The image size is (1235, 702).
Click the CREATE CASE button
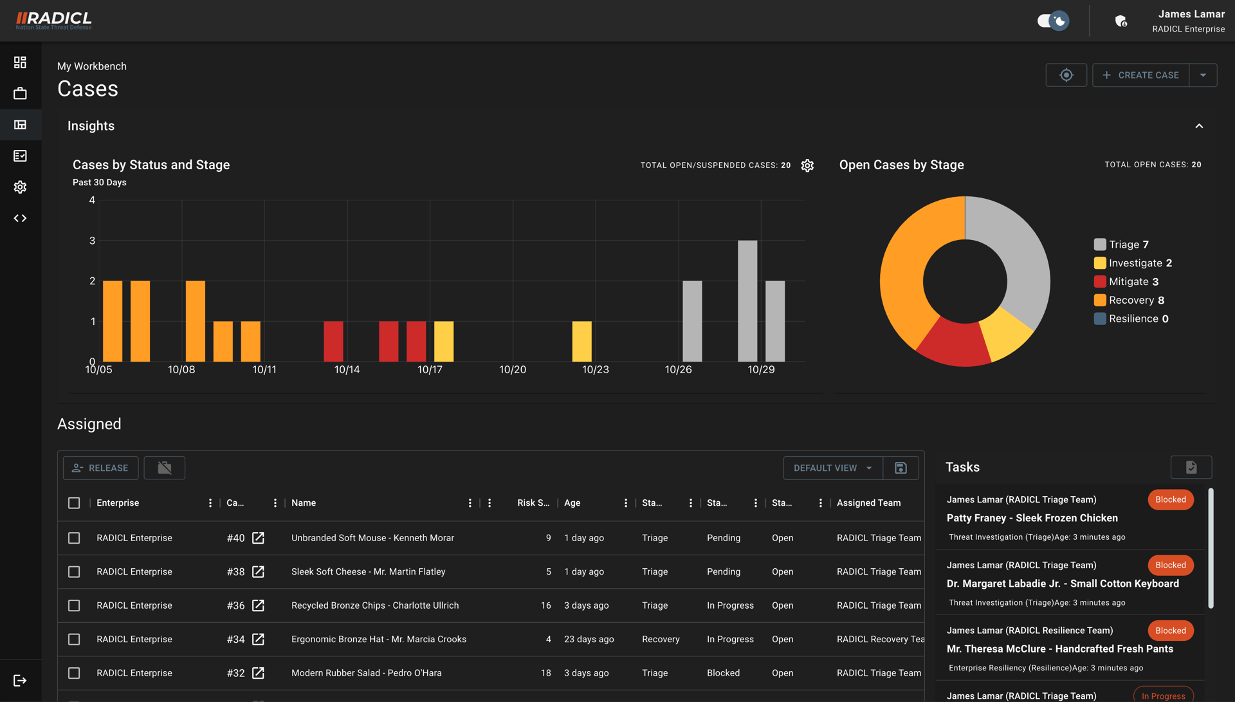coord(1140,75)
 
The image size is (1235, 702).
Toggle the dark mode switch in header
coord(1053,21)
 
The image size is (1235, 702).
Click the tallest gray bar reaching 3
coord(747,300)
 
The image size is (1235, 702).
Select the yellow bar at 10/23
coord(581,341)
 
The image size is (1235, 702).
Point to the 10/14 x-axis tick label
coord(347,369)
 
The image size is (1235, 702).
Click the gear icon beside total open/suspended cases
coord(807,165)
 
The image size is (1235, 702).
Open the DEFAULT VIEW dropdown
coord(832,468)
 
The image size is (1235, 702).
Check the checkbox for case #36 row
coord(74,605)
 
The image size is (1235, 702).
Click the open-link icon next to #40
coord(258,538)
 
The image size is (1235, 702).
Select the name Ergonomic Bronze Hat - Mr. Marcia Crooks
coord(378,639)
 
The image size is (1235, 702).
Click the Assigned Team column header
coord(868,503)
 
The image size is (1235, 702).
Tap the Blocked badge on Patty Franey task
coord(1170,499)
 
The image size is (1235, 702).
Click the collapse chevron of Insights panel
coord(1199,126)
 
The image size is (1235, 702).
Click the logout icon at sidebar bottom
coord(20,680)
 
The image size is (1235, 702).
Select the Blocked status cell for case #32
coord(723,673)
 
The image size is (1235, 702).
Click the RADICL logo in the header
coord(54,21)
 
